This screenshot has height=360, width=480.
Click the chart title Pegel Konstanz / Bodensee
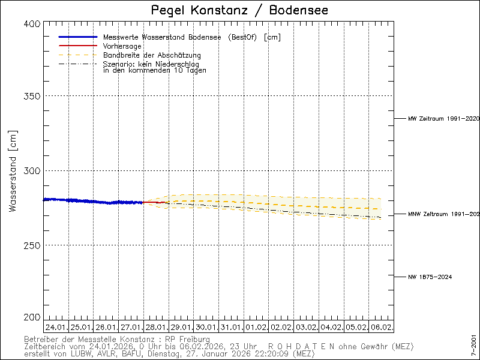[239, 10]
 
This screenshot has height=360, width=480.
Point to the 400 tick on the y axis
[32, 23]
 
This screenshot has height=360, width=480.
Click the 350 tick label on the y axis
[32, 96]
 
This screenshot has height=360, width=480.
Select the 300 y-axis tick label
[32, 170]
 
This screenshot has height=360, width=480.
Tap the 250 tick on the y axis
[32, 245]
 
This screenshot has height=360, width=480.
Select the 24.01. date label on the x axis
[56, 328]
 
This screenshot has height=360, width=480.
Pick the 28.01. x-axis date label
[156, 328]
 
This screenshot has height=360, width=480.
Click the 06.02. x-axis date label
[382, 328]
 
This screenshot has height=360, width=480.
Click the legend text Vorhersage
[122, 46]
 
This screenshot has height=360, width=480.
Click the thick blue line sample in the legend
[78, 37]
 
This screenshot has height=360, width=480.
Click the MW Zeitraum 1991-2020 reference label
[443, 119]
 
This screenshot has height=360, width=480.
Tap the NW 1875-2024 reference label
[430, 277]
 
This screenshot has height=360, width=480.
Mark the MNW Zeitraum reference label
[443, 214]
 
